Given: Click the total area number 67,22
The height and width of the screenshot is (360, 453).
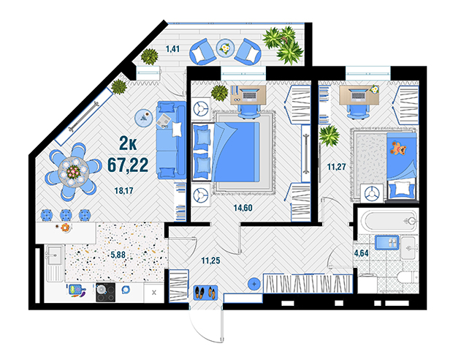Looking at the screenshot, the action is tap(128, 165).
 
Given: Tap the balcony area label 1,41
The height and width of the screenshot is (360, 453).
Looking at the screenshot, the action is tap(172, 49).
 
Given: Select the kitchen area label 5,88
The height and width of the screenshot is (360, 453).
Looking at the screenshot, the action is tap(118, 255).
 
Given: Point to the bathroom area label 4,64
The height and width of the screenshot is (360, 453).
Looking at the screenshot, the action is tap(362, 253).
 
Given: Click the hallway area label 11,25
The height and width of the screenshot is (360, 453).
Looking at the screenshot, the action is tap(210, 260).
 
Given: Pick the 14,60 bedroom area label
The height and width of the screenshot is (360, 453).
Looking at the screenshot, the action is tap(243, 208).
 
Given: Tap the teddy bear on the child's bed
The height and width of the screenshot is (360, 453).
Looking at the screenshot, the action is tap(398, 148).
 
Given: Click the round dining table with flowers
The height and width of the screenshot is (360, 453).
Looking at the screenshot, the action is tap(73, 172).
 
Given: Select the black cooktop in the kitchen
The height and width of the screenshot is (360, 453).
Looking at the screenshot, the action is tap(105, 292).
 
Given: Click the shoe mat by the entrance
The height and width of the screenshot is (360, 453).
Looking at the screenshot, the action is tap(205, 292).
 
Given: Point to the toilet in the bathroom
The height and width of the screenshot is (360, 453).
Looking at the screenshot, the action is tap(408, 277).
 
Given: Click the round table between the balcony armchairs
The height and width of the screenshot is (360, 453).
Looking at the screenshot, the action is tap(225, 48).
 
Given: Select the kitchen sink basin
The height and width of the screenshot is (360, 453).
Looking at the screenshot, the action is tap(55, 255).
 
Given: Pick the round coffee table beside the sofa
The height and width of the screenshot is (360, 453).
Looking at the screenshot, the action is tap(144, 118).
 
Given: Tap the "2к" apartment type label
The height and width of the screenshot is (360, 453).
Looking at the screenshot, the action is tap(128, 143).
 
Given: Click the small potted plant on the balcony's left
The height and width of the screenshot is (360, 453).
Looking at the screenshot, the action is tap(149, 56).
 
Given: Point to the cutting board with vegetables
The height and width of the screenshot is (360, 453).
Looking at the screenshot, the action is tap(77, 290).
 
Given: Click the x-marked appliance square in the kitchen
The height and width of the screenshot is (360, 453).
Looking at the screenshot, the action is tap(154, 293).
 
